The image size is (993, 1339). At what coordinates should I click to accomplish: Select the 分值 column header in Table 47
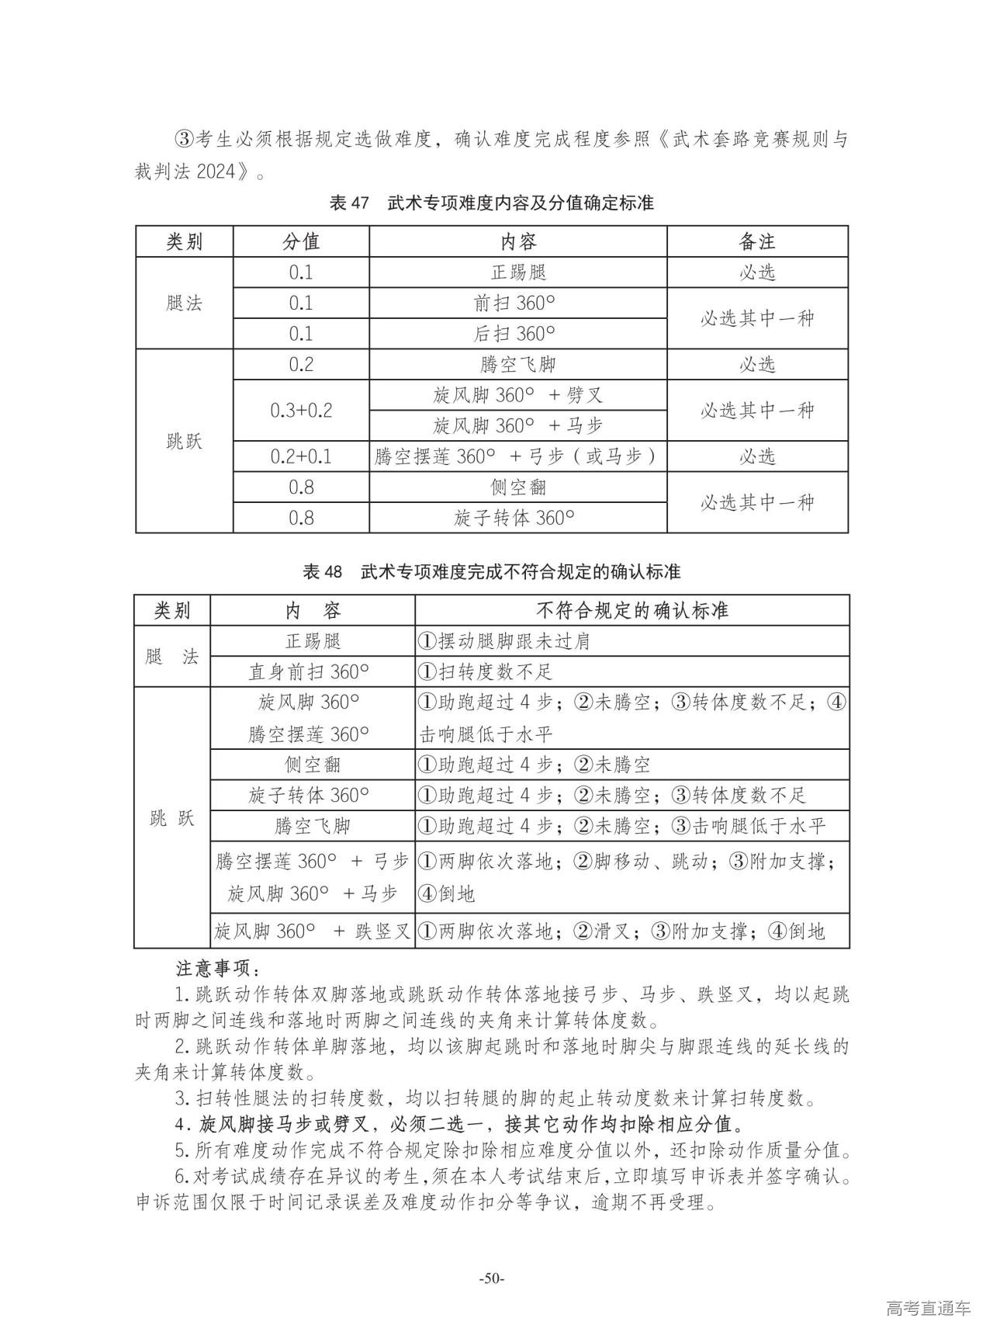point(301,242)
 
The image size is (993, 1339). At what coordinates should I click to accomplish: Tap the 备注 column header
point(757,242)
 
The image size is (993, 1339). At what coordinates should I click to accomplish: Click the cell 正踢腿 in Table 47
point(518,272)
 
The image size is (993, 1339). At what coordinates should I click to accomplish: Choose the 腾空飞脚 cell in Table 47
point(518,365)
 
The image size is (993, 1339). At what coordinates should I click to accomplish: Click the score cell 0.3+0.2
point(301,411)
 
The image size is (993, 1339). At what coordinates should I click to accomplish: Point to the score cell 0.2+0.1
point(301,456)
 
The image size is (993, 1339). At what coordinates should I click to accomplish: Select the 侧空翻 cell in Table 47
point(518,487)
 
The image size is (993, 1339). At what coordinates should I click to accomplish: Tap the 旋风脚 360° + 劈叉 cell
point(518,396)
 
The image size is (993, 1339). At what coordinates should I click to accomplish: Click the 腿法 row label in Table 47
point(185,304)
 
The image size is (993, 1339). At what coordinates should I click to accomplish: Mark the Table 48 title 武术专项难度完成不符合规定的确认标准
point(520,572)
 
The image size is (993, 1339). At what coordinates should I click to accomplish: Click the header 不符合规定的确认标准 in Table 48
point(632,611)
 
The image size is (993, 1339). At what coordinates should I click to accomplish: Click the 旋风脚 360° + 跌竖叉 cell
point(313,931)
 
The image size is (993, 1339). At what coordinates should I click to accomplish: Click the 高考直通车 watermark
point(928,1309)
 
